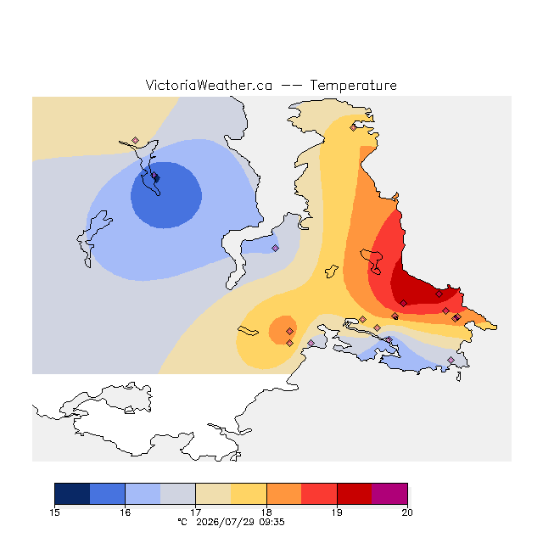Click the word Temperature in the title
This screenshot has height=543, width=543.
(353, 85)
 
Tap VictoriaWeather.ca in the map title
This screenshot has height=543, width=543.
(209, 85)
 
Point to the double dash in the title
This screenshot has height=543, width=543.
(291, 86)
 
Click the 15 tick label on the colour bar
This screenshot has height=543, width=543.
(54, 512)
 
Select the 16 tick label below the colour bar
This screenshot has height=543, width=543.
(125, 512)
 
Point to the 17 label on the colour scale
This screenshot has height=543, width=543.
(196, 512)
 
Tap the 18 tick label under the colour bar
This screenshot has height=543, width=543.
(266, 512)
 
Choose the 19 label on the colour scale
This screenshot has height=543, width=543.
(337, 512)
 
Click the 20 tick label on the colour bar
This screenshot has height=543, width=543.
(407, 512)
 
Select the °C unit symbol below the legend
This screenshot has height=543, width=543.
(182, 522)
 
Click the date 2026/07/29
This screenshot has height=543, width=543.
(225, 522)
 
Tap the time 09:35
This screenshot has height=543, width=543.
(271, 522)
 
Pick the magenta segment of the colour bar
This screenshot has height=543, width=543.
(389, 494)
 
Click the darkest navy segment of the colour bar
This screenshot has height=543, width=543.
(72, 494)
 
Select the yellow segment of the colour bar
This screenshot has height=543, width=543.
(249, 494)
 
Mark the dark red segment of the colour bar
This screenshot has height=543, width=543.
(355, 494)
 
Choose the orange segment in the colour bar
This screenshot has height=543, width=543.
(284, 494)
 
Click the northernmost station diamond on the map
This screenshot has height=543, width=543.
(353, 127)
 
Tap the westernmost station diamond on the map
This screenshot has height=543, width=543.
(136, 140)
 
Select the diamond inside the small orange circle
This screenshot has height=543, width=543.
(290, 332)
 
